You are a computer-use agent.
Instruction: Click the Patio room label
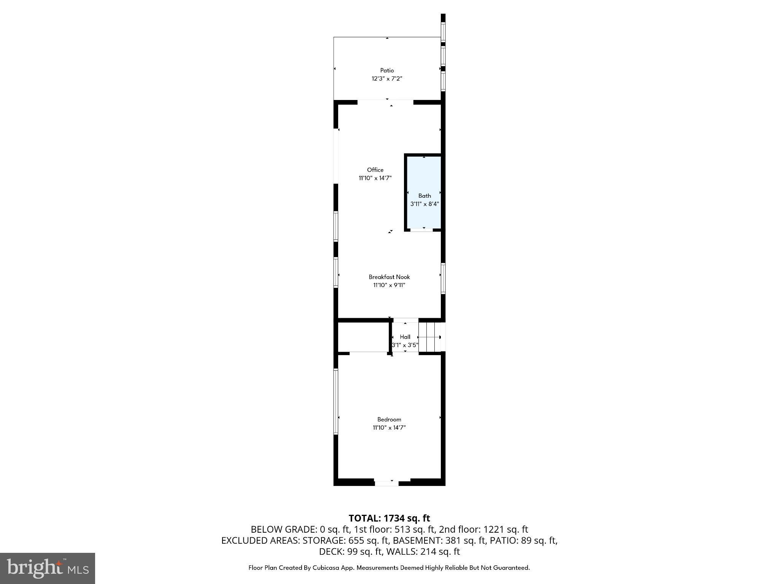387,70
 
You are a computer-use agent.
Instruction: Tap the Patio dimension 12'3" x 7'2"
387,79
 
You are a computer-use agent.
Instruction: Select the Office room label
375,170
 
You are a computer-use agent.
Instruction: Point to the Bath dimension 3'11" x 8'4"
424,204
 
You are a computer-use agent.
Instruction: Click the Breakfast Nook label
389,277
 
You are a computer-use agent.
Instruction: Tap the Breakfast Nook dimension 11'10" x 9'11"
389,285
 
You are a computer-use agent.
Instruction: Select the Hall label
405,337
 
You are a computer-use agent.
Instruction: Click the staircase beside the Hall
430,337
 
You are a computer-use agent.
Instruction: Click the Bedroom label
389,419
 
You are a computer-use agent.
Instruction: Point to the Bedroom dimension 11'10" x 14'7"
389,428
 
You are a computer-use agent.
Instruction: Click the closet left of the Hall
363,337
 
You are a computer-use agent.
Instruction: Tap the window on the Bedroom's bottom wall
386,483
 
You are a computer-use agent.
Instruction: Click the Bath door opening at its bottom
421,230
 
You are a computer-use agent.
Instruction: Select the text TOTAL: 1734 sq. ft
389,518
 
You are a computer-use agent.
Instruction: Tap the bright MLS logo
48,568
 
